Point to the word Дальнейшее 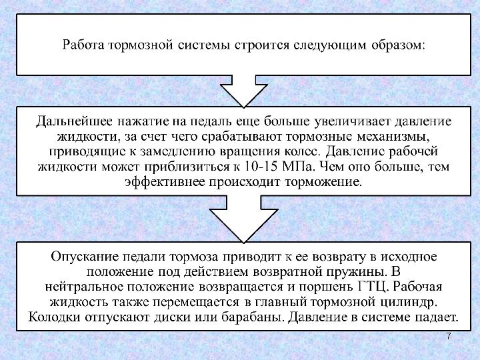73,122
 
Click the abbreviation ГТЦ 375,287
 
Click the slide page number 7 449,337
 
